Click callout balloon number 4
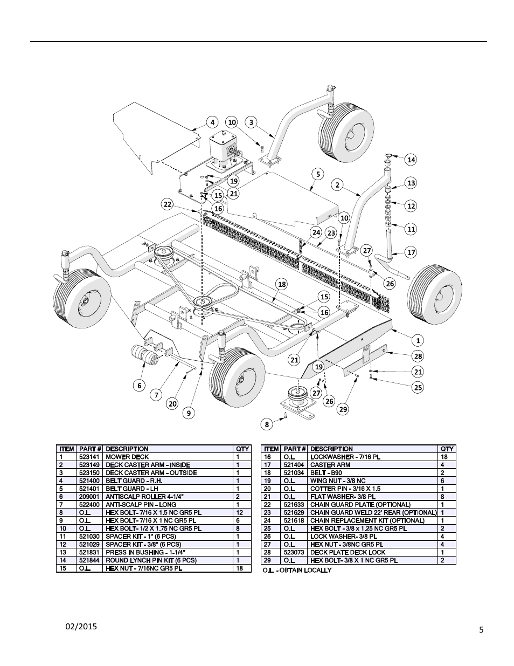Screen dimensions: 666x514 click(212, 122)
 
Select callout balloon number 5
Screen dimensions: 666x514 click(318, 174)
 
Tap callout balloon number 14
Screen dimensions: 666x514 click(411, 160)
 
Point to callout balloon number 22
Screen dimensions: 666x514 click(168, 204)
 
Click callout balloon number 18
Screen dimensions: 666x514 click(281, 284)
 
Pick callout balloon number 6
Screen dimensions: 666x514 click(140, 385)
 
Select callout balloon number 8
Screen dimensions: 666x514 click(267, 424)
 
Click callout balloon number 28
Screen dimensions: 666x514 click(418, 356)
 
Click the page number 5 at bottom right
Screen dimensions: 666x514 click(481, 629)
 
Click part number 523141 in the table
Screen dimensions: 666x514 click(89, 457)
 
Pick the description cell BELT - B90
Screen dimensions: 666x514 click(326, 472)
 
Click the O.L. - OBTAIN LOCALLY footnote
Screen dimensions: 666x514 click(297, 570)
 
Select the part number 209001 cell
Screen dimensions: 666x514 click(89, 497)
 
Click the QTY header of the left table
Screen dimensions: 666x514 click(242, 449)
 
